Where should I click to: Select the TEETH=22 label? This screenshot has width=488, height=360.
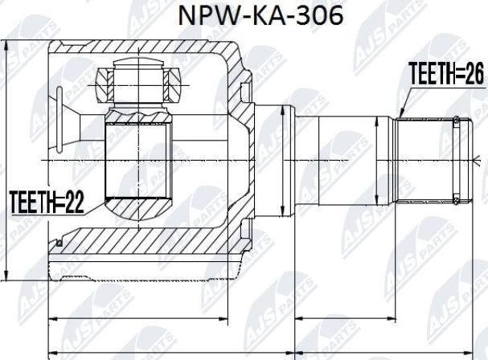click(46, 201)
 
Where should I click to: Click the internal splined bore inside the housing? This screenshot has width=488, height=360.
click(139, 161)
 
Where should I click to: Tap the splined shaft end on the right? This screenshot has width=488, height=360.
click(430, 160)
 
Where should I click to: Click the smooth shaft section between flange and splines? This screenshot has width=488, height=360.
click(346, 160)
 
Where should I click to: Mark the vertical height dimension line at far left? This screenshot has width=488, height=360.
click(6, 161)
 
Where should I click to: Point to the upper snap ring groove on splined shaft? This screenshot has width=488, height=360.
click(457, 122)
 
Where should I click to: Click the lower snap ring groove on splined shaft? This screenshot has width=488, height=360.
click(457, 198)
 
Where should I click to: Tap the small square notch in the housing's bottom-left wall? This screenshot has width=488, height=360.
click(58, 241)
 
